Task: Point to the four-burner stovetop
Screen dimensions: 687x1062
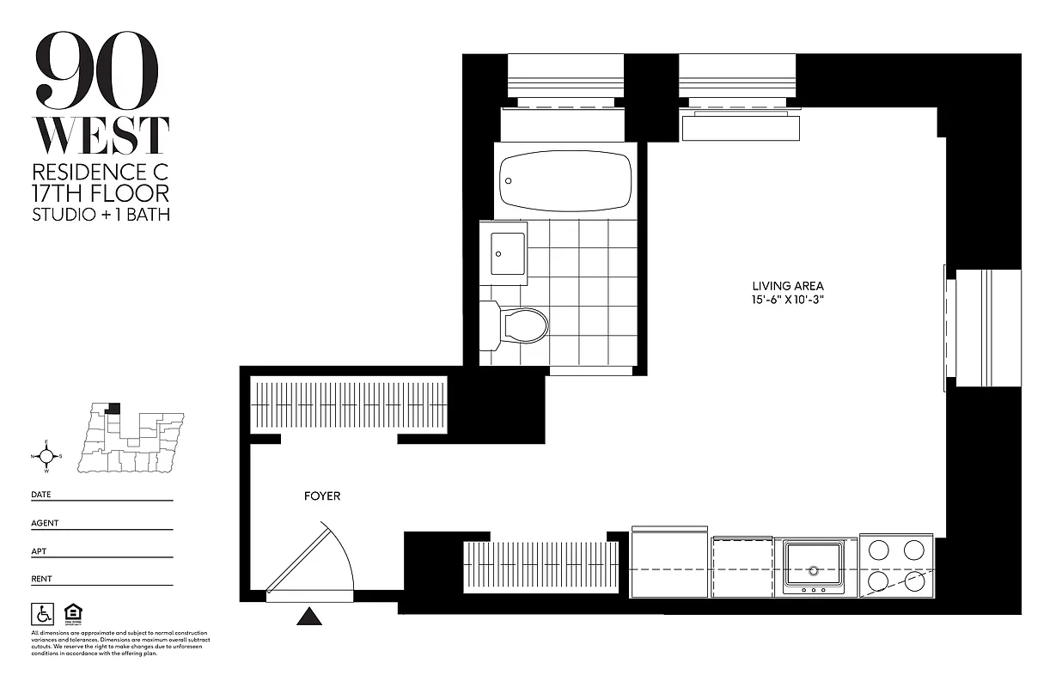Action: pos(896,566)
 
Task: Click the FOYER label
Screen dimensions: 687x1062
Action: pos(322,496)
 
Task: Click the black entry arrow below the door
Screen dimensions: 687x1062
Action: pos(308,616)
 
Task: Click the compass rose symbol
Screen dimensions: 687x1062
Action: pos(46,456)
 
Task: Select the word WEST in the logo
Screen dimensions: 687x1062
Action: pos(101,136)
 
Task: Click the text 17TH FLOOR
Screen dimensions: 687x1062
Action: pos(101,192)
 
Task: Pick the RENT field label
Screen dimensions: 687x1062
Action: pos(41,579)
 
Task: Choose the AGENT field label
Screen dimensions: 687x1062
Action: pos(45,523)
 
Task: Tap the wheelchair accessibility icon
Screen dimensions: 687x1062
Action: pos(41,614)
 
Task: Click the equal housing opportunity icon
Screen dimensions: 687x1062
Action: pos(72,614)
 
